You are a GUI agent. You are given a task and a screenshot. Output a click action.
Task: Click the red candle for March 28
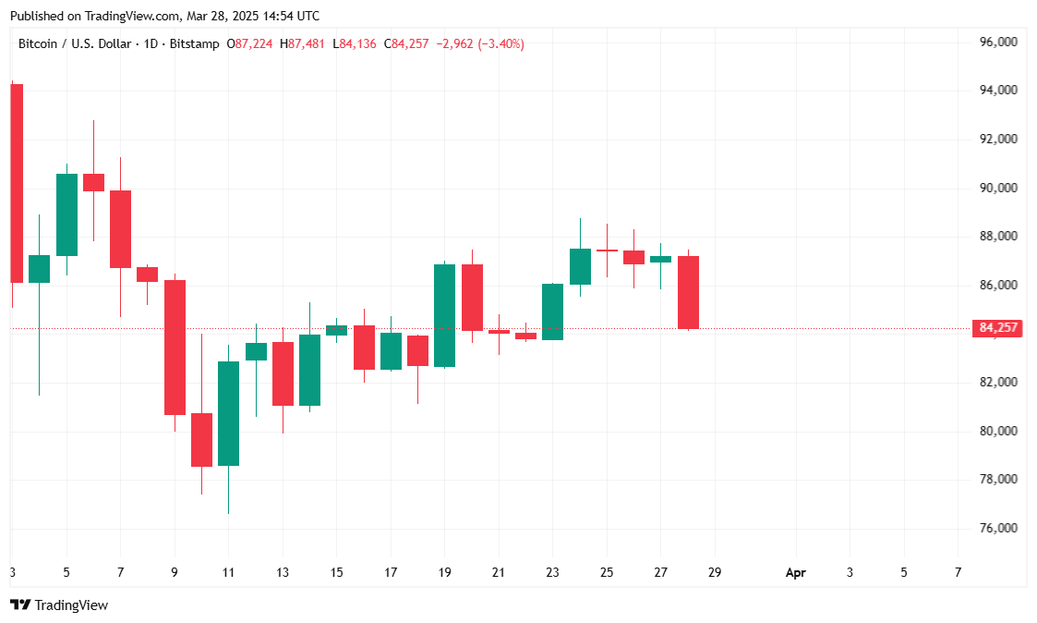(688, 292)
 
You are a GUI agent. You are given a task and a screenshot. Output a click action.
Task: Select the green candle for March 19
(444, 316)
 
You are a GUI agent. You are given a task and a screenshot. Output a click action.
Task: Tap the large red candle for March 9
(175, 348)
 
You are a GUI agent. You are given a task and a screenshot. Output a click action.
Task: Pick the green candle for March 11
(228, 413)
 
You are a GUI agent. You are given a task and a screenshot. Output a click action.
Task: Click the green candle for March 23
(552, 311)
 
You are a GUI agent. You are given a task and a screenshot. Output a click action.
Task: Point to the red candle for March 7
(120, 229)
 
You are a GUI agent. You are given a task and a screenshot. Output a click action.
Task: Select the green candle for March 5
(66, 214)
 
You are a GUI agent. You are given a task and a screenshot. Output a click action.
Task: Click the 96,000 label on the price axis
(998, 43)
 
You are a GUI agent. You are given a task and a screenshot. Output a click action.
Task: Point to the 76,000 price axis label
(998, 528)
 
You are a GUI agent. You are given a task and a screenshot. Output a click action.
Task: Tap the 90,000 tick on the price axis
(998, 188)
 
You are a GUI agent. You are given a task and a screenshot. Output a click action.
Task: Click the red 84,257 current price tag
(996, 328)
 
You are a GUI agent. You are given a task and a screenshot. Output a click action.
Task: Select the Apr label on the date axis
(795, 573)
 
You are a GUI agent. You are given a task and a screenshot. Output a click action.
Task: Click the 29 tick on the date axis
(715, 573)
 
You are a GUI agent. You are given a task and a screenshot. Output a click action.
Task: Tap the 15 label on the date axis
(336, 573)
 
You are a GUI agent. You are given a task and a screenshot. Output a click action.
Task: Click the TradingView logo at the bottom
(59, 605)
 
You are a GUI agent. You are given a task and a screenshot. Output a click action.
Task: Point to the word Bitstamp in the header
(196, 43)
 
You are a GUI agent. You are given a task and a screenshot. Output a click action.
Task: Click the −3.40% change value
(500, 43)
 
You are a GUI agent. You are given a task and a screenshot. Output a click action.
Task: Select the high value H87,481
(303, 43)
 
